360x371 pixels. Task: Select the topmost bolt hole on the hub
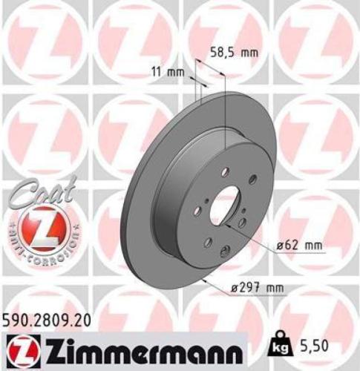(x=223, y=167)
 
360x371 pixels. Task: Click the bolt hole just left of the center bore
(x=199, y=201)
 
